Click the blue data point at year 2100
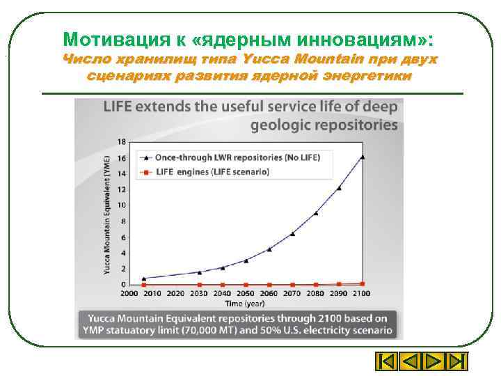coord(363,157)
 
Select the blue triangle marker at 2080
coord(316,212)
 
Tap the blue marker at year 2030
coord(200,272)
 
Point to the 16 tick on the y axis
coord(122,157)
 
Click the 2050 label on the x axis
coord(246,293)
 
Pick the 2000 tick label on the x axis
coord(130,293)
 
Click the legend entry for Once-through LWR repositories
coord(237,157)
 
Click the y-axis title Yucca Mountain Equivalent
coord(108,217)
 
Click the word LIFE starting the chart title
coord(119,108)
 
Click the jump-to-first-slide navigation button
coord(385,361)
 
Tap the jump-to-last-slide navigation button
coord(456,361)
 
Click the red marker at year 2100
coord(363,283)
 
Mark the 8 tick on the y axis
coord(123,221)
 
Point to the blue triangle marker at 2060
coord(269,249)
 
